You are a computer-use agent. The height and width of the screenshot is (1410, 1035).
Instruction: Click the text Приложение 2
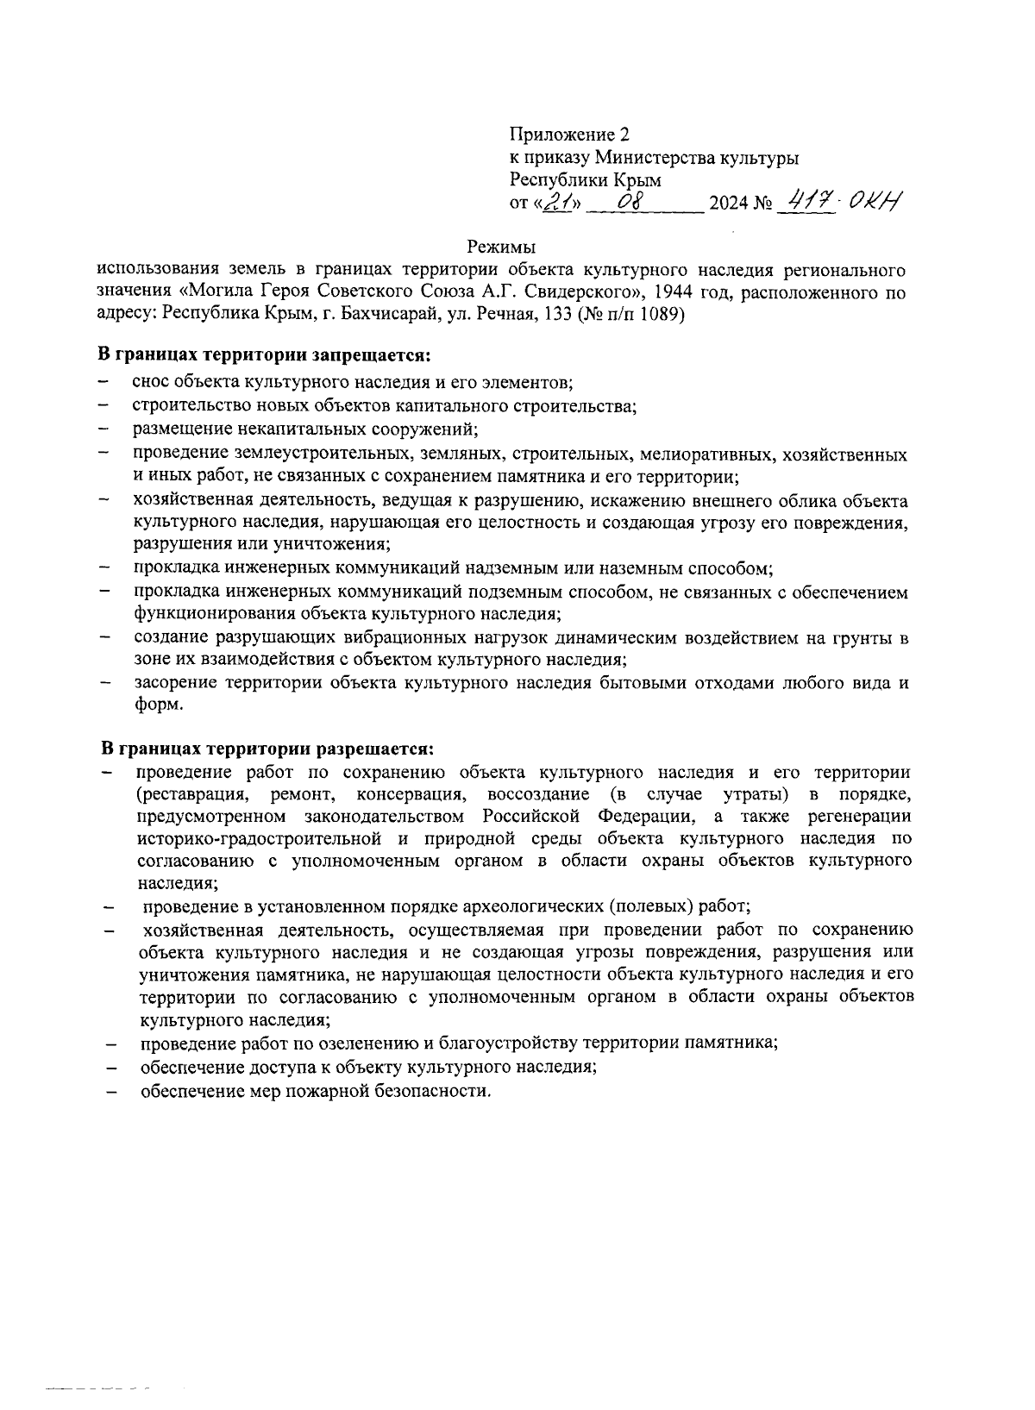(569, 135)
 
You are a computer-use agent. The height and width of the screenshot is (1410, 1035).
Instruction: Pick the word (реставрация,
(193, 793)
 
